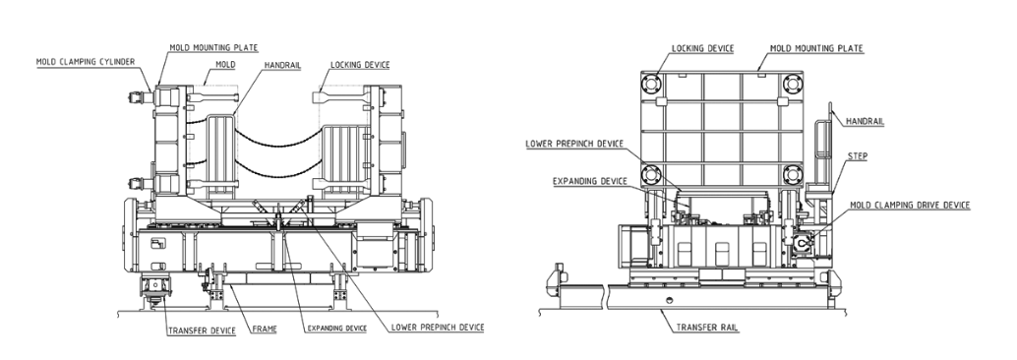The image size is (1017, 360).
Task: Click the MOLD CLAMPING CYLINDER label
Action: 86,62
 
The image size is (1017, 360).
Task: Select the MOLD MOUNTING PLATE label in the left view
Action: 213,47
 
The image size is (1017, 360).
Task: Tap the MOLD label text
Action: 225,65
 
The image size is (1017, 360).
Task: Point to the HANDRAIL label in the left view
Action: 281,66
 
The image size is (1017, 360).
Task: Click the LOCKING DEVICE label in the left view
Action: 360,65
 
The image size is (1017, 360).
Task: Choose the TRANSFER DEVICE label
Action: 202,330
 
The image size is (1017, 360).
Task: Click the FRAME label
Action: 264,330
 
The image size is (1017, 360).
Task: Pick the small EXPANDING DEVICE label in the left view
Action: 336,329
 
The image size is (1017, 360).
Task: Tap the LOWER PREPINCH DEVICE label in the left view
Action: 438,327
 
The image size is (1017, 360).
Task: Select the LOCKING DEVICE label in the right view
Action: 702,48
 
